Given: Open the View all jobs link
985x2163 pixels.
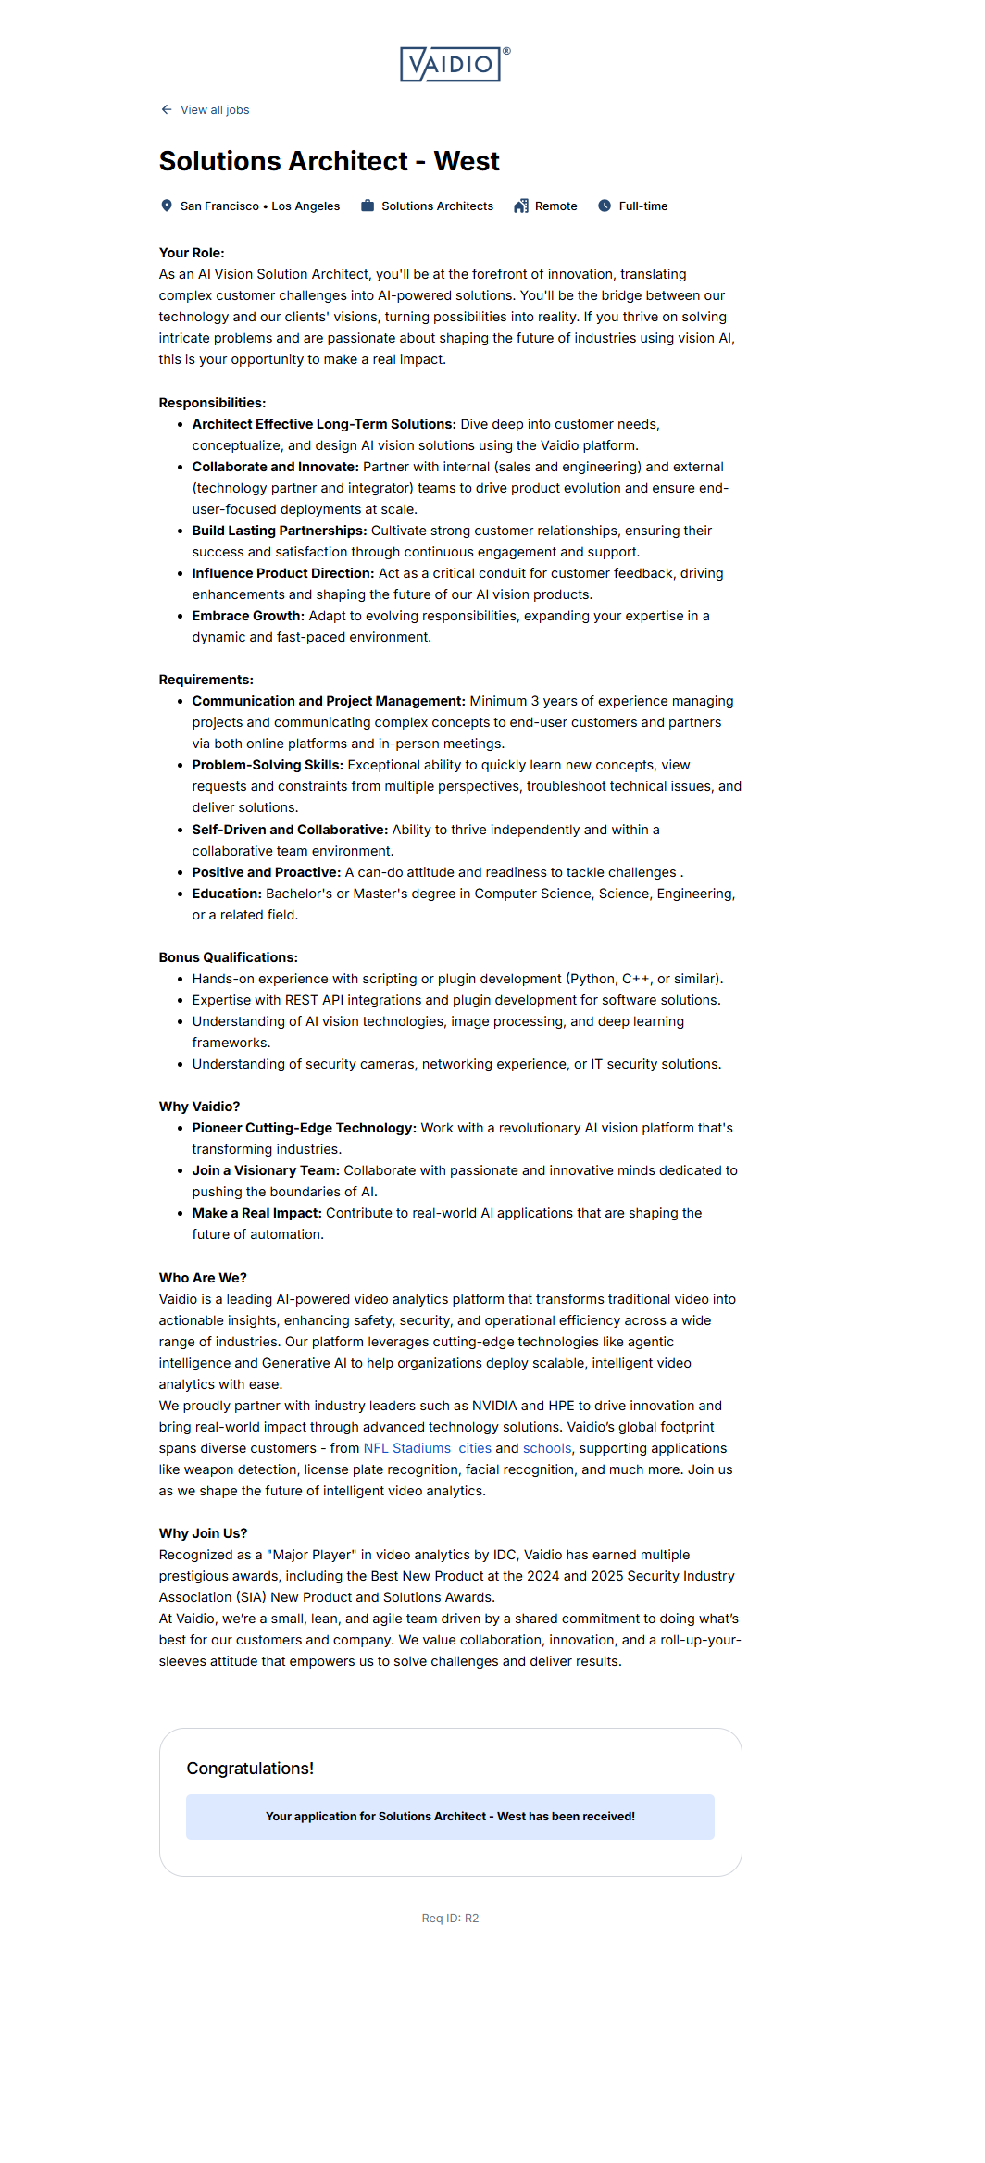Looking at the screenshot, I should pos(215,110).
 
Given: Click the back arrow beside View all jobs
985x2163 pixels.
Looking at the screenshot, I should pos(167,109).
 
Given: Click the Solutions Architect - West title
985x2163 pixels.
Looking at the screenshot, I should pos(329,161).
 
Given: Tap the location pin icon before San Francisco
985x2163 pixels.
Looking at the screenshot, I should pos(167,206).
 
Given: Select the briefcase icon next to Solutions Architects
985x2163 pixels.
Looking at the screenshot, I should pos(368,206).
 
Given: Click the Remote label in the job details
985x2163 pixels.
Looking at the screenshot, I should pos(555,206).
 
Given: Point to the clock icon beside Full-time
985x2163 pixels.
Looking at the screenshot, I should pos(605,206).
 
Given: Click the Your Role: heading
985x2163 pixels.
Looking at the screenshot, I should pos(192,253).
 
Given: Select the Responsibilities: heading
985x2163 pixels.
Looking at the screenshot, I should pos(212,403).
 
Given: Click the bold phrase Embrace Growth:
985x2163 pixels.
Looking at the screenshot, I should pos(248,616).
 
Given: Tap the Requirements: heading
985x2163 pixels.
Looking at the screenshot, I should pos(206,680).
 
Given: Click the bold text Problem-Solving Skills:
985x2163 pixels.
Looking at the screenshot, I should pos(268,765).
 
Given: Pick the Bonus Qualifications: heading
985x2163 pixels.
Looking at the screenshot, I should pos(228,957).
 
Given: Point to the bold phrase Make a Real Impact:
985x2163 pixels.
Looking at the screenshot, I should pos(256,1213).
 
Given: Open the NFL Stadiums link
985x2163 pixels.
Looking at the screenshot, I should pos(406,1448).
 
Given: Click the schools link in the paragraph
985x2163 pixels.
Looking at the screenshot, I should pos(547,1448).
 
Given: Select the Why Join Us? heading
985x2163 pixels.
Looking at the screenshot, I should pos(203,1533).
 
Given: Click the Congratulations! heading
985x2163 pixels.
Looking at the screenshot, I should pos(250,1769).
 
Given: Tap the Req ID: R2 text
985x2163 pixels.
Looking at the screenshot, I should pos(450,1919).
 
